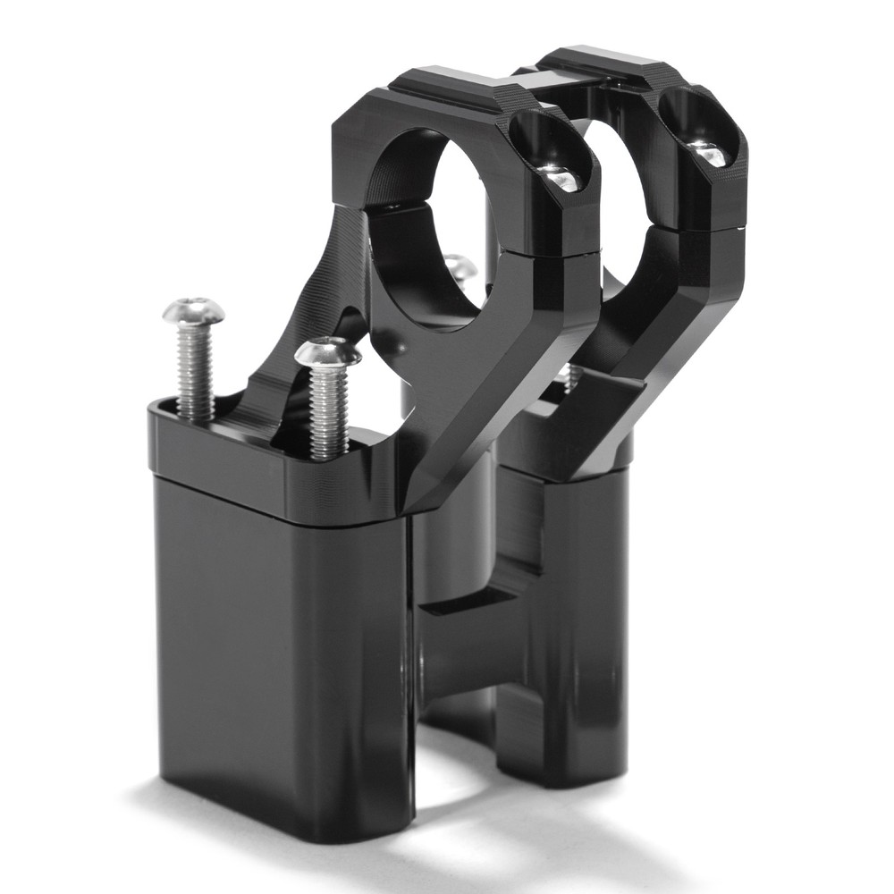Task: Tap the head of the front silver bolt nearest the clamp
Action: coord(328,352)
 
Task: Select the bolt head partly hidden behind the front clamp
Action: coord(458,266)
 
